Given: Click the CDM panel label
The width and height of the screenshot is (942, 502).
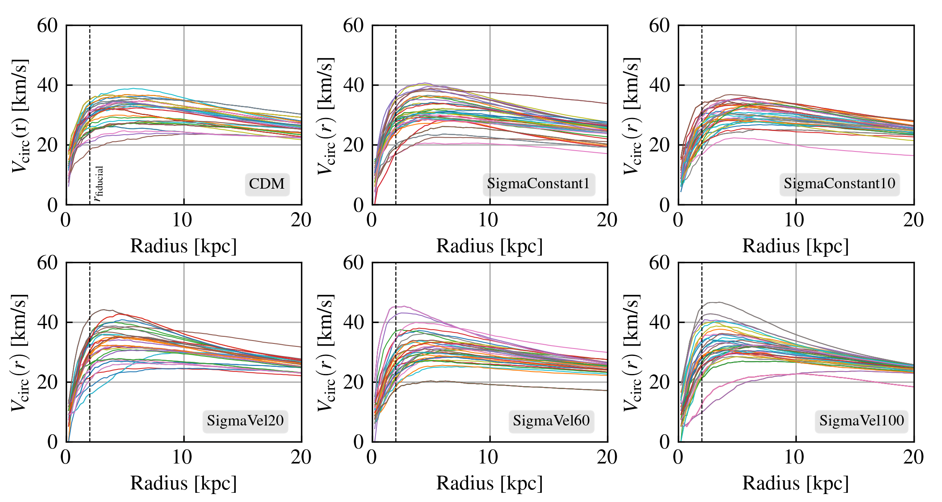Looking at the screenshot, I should [x=267, y=184].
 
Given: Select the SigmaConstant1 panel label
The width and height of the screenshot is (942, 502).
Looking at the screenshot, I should [x=538, y=184].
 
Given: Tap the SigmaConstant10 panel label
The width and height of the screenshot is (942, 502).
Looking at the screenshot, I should [x=839, y=184].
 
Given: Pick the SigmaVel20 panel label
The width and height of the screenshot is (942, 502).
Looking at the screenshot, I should [x=245, y=420].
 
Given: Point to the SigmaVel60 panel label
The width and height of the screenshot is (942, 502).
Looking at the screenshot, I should [x=551, y=420].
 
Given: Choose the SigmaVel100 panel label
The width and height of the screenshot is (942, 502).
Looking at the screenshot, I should [x=862, y=420].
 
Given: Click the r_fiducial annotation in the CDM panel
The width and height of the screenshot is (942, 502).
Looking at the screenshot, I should [x=98, y=184].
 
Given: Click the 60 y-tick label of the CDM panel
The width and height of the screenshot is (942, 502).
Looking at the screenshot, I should [x=47, y=26].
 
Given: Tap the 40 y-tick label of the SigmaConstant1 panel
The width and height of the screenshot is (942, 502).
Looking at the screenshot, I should [x=353, y=85].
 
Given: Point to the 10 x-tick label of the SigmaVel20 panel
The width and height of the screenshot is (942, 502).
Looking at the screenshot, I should [x=183, y=457].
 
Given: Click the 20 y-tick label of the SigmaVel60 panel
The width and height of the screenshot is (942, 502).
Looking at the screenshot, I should [x=353, y=382].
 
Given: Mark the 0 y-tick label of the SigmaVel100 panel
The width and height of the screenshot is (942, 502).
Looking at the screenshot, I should [x=665, y=442].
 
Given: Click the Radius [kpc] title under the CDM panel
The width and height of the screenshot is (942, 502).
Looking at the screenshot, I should [x=183, y=246].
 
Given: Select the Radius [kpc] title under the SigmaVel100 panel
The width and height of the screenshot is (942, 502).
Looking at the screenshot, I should [x=795, y=483].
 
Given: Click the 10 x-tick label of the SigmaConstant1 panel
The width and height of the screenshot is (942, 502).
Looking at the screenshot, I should [x=489, y=220].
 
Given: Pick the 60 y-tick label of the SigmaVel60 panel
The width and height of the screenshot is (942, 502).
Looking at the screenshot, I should [x=353, y=263].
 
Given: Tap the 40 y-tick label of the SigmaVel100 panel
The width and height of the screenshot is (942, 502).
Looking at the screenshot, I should [x=659, y=323].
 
